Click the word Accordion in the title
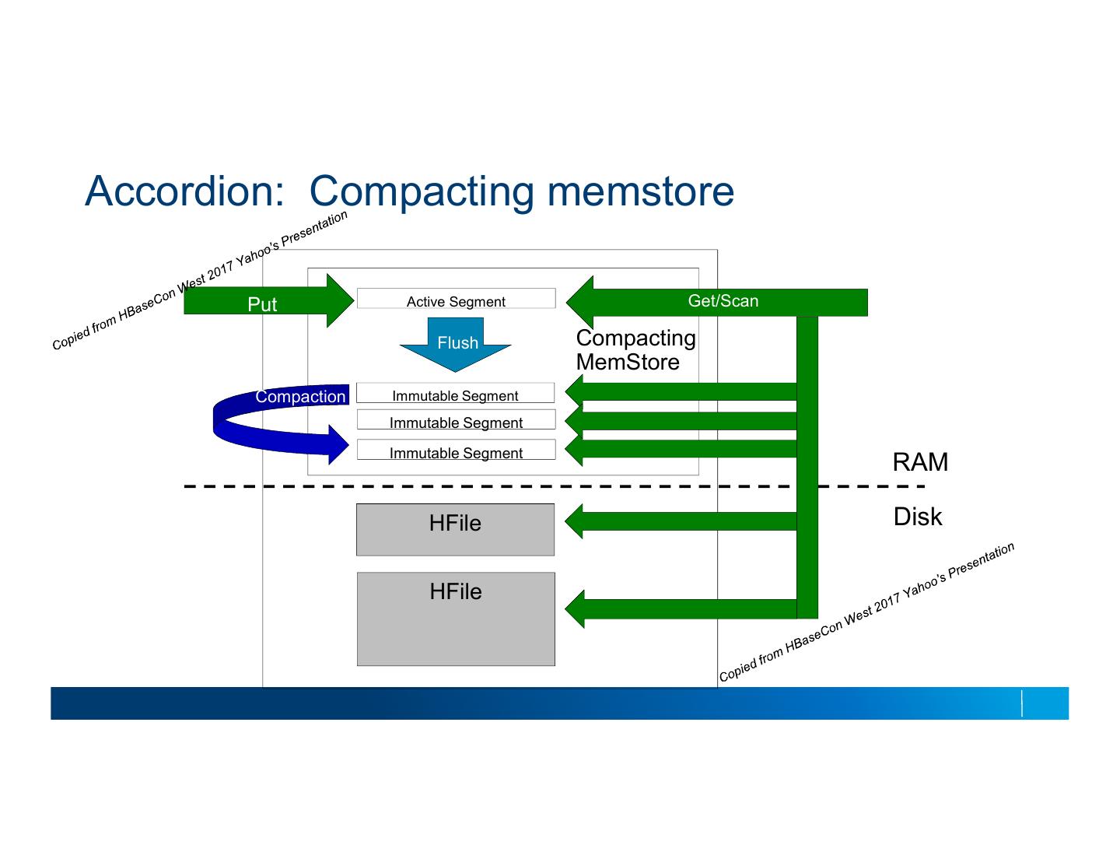[184, 191]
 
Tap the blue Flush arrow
[457, 343]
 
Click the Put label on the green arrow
[261, 304]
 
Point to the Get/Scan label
[723, 301]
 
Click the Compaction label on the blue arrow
[300, 396]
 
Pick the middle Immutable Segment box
[456, 421]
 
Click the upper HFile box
[455, 530]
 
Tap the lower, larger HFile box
[456, 619]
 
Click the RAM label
[920, 462]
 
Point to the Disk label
[917, 517]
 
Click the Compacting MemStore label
[635, 349]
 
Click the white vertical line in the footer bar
[1022, 703]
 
